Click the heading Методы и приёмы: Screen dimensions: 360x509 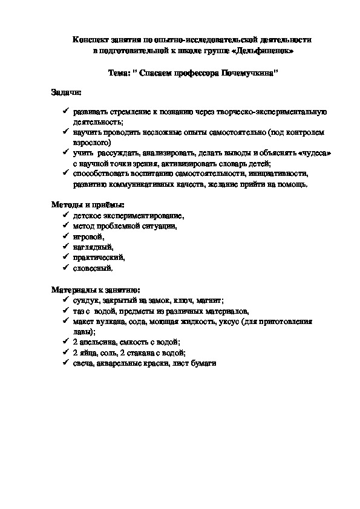click(83, 205)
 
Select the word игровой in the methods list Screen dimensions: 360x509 click(88, 236)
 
